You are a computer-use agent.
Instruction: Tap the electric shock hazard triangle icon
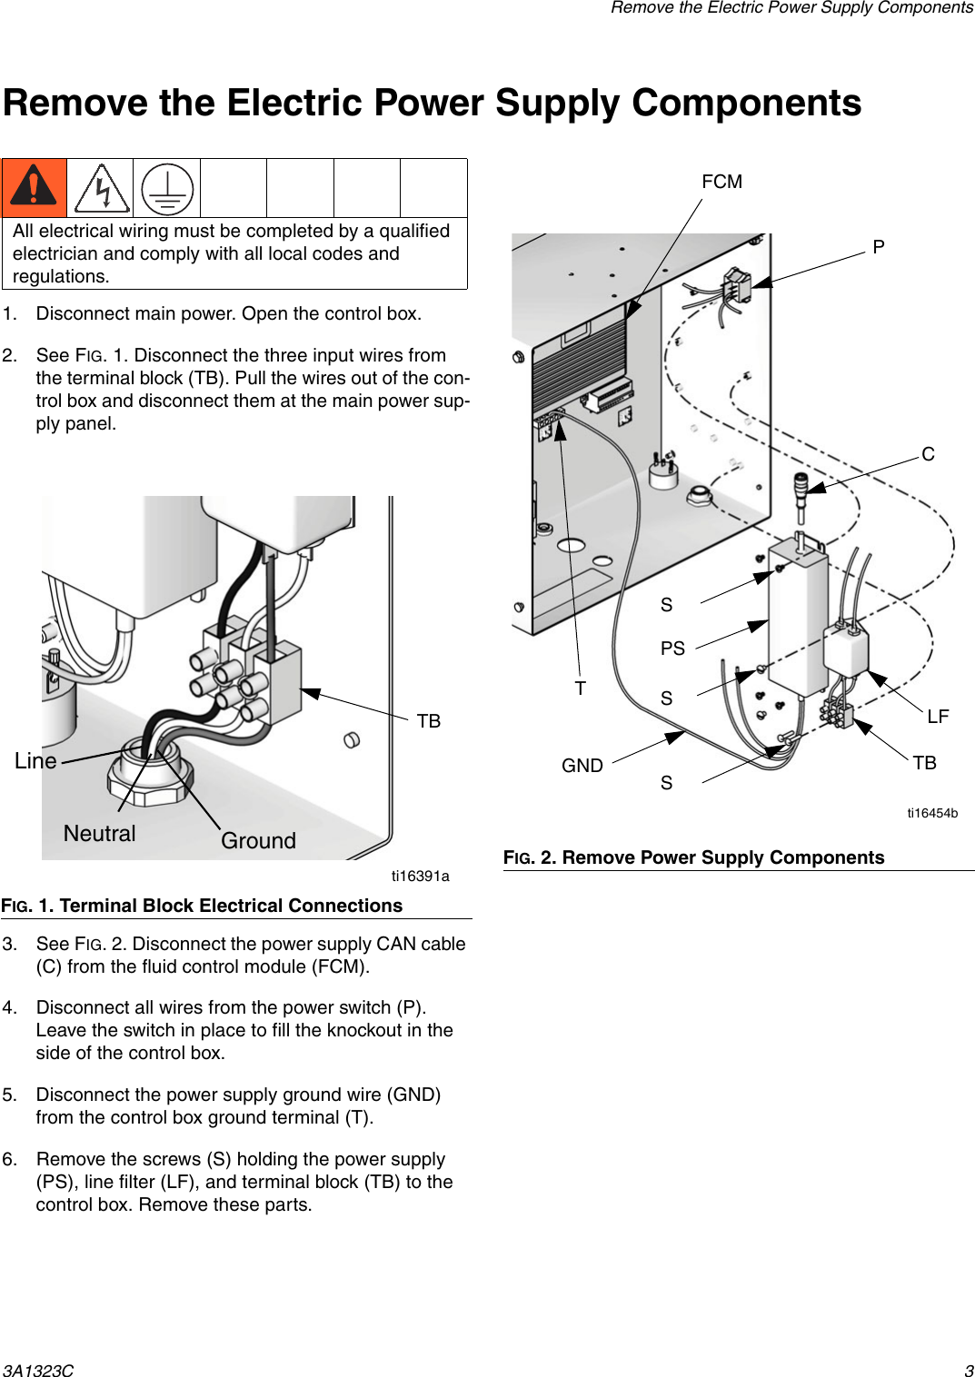[102, 189]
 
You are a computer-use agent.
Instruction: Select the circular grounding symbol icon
[167, 189]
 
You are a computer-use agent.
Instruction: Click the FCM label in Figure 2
[721, 182]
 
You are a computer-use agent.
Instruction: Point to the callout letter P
[878, 247]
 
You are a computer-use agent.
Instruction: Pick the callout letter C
[928, 454]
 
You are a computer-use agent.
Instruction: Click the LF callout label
[938, 717]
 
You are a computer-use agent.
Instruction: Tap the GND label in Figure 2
[582, 766]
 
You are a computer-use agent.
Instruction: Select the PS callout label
[672, 649]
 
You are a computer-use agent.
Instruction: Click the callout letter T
[580, 688]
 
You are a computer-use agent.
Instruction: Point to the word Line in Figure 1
[35, 761]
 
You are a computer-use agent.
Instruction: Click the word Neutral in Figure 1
[99, 834]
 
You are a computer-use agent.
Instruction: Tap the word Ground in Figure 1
[258, 841]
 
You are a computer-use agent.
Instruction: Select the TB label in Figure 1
[428, 721]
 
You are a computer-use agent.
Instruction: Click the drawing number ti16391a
[420, 877]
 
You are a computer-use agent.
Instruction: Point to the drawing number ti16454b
[931, 813]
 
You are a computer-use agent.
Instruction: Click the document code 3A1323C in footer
[37, 1371]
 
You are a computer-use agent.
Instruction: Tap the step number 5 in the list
[9, 1095]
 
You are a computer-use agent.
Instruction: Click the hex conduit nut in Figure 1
[150, 779]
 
